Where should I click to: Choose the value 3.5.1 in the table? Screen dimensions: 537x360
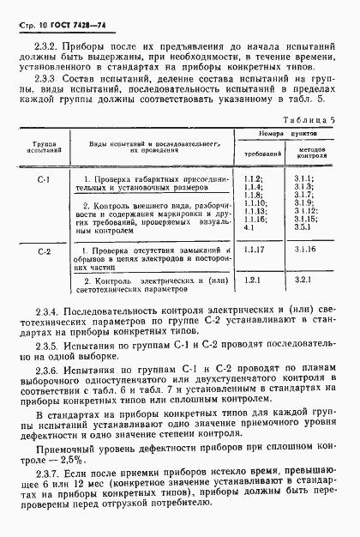pos(304,227)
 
